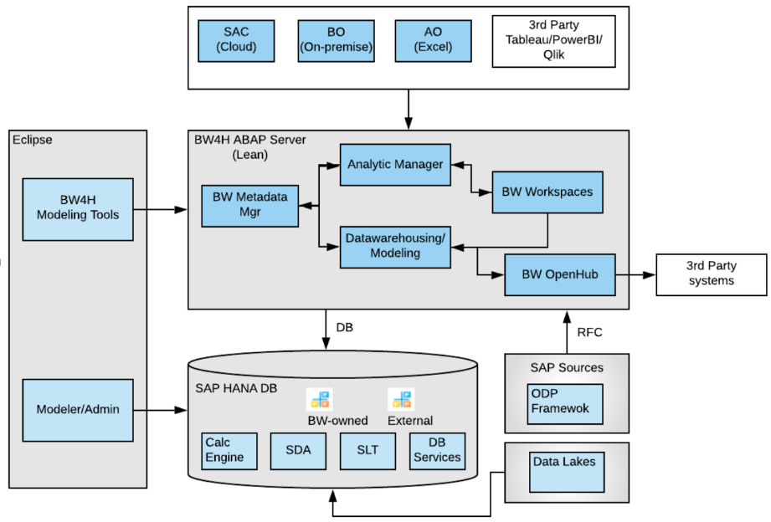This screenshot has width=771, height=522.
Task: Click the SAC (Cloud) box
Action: (x=236, y=39)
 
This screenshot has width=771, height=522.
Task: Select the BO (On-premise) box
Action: (x=336, y=39)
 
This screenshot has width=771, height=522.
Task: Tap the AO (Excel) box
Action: (x=434, y=39)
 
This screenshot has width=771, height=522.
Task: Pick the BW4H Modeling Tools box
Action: (x=78, y=209)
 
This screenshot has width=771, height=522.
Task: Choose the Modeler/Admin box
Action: (x=78, y=410)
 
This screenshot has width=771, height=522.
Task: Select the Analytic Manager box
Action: (x=395, y=164)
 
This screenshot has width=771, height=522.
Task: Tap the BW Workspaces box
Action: (x=547, y=192)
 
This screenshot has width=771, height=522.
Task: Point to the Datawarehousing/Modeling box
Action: (x=395, y=246)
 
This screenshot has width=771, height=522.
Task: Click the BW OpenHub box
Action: (x=559, y=274)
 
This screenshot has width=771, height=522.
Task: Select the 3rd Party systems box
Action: (x=712, y=274)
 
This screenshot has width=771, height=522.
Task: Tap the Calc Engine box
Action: (x=224, y=450)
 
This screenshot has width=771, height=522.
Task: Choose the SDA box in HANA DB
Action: (x=297, y=450)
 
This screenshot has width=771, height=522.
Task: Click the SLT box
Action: (x=367, y=450)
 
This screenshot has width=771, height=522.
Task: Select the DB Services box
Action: (x=437, y=450)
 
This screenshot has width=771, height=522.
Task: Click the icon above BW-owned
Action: (x=320, y=399)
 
